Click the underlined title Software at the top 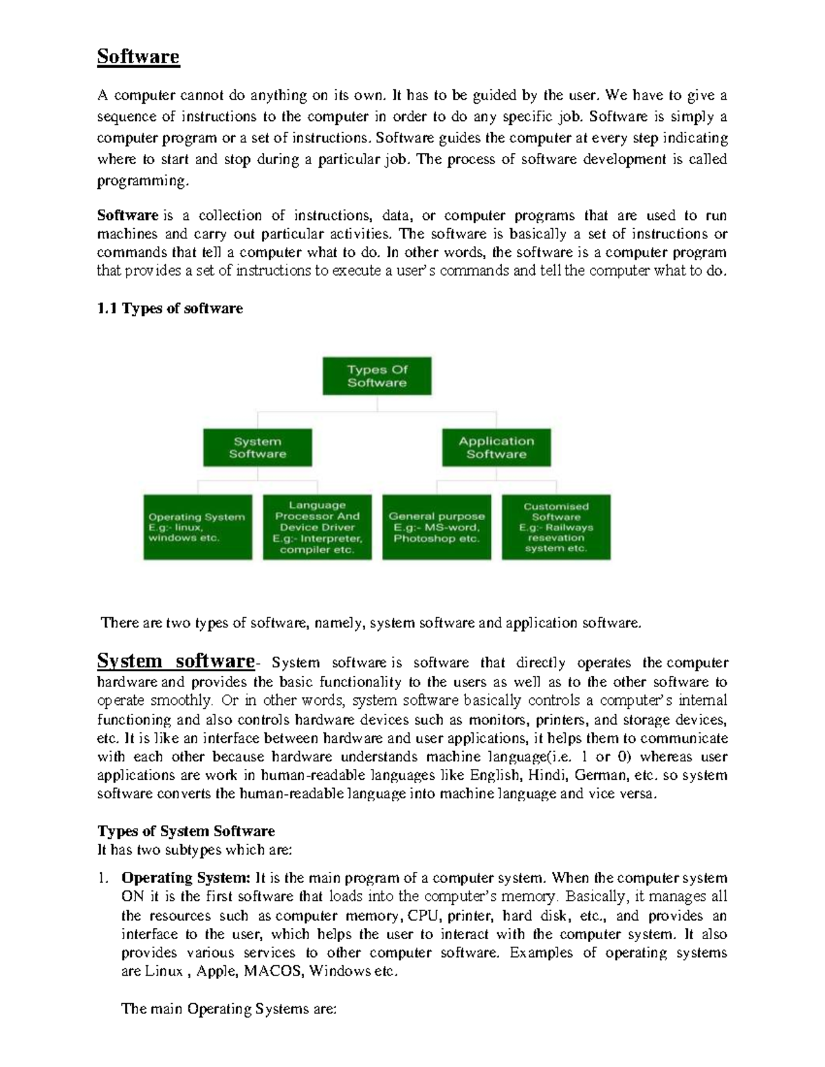137,56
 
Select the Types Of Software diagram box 377,376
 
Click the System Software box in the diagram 257,448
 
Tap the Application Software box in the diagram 496,448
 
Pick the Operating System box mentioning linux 197,527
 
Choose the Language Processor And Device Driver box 317,527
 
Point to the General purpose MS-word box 437,527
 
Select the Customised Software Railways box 555,527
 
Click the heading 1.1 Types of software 170,308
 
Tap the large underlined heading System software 176,661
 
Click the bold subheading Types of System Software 186,831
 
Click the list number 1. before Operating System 102,878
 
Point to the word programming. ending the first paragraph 142,181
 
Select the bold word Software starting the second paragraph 128,215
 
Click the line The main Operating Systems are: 228,1009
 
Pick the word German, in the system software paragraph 601,775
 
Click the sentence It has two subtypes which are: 195,850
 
